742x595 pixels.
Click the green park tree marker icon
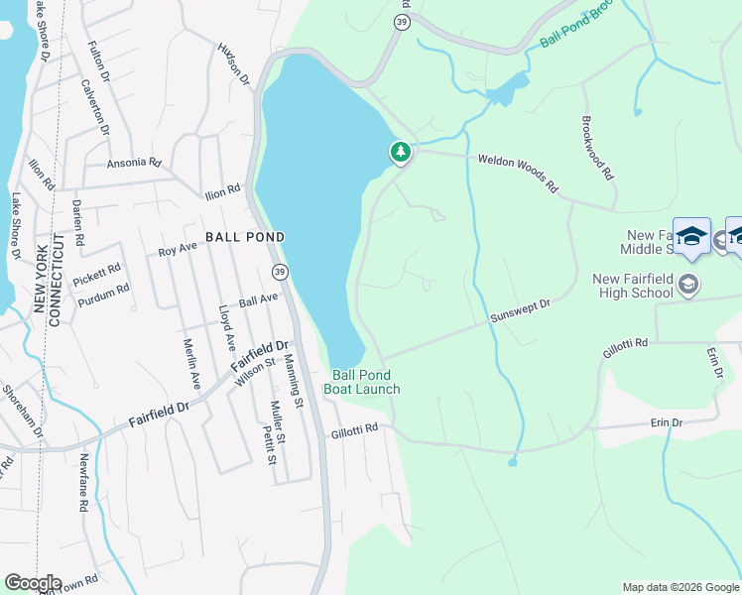(x=400, y=152)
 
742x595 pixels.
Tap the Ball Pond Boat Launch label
(x=366, y=382)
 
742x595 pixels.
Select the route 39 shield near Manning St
(x=280, y=272)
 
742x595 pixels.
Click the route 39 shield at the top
(x=400, y=22)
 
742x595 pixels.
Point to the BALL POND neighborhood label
(x=245, y=237)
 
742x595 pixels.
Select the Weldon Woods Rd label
(x=519, y=173)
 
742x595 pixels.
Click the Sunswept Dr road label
(x=520, y=313)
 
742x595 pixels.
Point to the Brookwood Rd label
(x=595, y=152)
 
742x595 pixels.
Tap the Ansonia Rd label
(x=133, y=162)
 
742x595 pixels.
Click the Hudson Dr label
(x=232, y=64)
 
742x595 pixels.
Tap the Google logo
(x=33, y=583)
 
